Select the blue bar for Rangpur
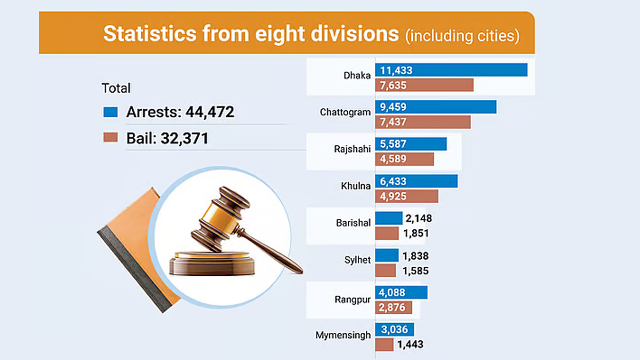(x=401, y=292)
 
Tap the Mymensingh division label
(x=342, y=335)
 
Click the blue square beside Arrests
(x=110, y=112)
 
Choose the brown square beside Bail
(x=110, y=138)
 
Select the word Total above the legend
(x=116, y=88)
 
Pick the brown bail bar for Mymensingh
(x=384, y=345)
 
